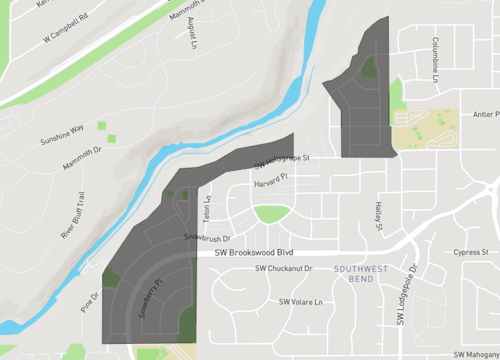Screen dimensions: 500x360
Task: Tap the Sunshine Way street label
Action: (62, 132)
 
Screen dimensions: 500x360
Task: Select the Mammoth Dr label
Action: (82, 157)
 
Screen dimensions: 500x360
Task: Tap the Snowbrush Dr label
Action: (207, 238)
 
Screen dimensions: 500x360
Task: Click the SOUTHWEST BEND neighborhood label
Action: (361, 275)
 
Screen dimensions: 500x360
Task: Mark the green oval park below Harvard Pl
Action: (270, 213)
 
